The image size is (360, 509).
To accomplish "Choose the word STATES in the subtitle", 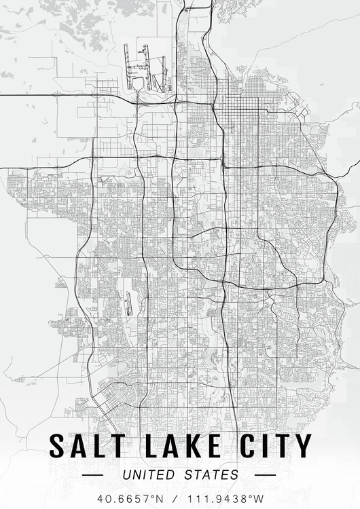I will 211,474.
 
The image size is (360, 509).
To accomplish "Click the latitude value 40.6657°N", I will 126,498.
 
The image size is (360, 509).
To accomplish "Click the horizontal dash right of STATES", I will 257,475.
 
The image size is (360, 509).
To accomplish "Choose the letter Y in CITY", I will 303,446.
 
